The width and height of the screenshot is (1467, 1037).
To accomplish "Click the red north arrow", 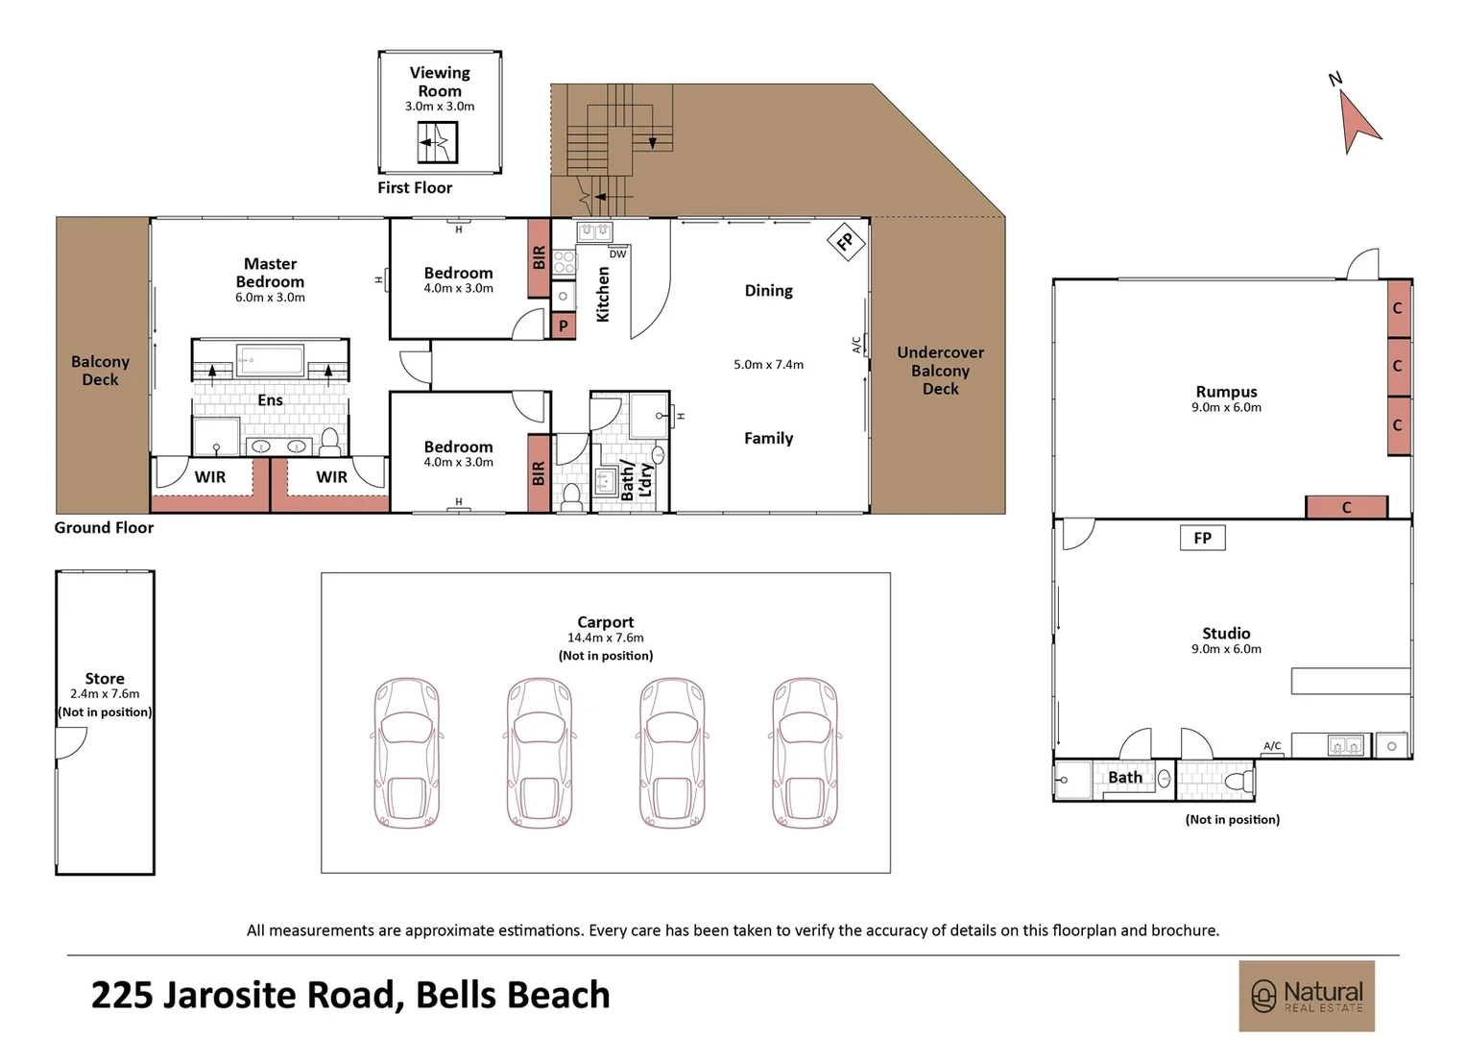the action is click(1356, 125).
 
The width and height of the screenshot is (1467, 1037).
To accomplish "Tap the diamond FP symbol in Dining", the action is click(846, 242).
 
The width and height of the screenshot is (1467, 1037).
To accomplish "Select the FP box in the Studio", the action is click(1202, 538).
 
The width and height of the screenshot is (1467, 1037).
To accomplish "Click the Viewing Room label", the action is click(440, 82).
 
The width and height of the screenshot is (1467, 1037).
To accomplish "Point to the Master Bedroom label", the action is click(270, 273).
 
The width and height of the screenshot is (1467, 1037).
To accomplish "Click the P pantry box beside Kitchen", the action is click(564, 326).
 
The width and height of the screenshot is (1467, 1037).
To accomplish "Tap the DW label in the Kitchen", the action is click(617, 254).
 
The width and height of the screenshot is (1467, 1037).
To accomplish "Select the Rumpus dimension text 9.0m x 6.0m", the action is click(1226, 407).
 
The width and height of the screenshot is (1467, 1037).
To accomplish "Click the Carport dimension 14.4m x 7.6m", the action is click(605, 638).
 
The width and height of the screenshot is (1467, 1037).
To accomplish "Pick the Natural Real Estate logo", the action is click(1307, 996).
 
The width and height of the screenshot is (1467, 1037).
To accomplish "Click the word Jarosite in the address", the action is click(278, 995).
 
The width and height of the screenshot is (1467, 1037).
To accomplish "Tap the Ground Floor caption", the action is click(104, 527).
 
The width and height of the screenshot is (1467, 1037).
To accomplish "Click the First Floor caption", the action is click(415, 188).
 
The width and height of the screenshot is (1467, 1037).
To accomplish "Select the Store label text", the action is click(105, 679).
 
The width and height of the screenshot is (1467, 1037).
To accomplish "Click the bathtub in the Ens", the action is click(270, 361).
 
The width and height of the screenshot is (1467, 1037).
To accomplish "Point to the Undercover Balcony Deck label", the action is click(941, 370).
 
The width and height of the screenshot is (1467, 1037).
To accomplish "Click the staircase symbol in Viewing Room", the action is click(438, 143).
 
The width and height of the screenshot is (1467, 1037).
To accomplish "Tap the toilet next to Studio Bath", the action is click(1239, 781).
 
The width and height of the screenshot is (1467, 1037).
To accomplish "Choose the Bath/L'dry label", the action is click(636, 479).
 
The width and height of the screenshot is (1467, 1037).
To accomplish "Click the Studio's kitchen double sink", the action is click(1345, 745).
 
